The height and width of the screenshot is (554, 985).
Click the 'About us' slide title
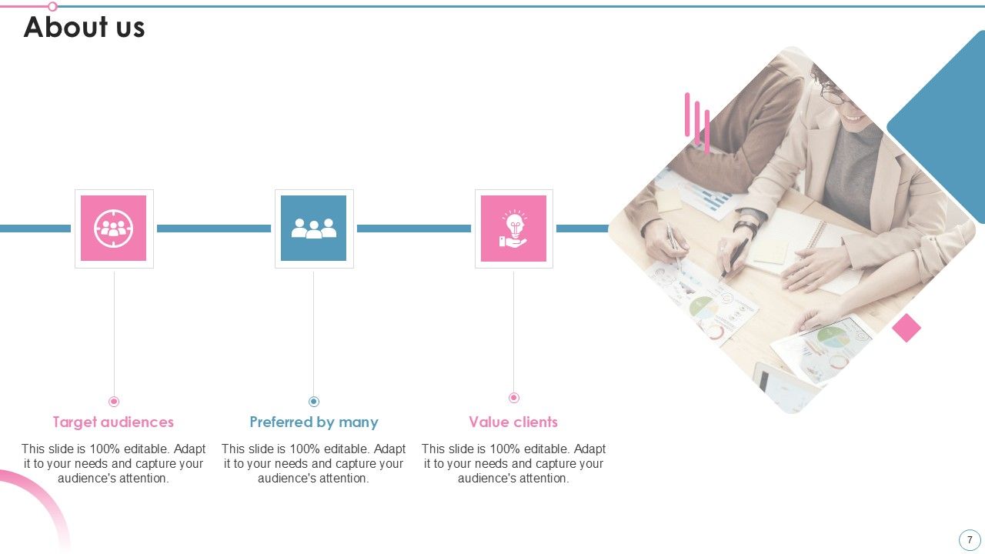(85, 28)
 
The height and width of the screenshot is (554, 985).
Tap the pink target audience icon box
(114, 229)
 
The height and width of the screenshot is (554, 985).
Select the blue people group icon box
(314, 229)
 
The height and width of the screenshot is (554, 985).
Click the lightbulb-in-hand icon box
(514, 229)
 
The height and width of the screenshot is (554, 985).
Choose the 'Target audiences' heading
(113, 422)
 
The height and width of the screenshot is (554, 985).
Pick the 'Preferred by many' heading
(314, 422)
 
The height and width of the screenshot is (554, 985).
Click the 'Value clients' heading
(513, 422)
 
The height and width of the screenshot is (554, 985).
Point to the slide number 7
(970, 539)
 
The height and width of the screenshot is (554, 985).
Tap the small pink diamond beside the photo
(907, 328)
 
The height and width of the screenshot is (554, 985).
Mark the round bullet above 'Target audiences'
(114, 401)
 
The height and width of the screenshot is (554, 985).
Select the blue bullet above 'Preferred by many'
(314, 401)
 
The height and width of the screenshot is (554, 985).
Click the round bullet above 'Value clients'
(514, 398)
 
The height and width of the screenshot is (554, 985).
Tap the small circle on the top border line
(52, 6)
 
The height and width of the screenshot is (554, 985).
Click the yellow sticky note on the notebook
(770, 251)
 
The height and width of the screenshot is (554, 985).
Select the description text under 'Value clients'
(513, 463)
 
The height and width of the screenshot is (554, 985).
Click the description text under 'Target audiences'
(113, 463)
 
